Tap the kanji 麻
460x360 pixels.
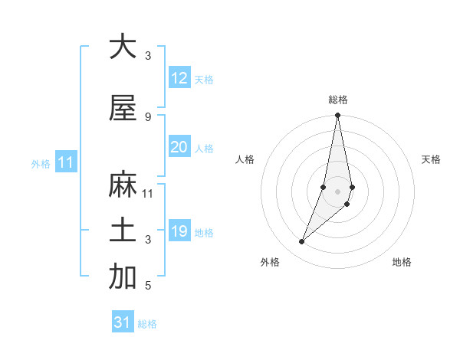[x=122, y=185]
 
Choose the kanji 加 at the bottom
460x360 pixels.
[x=122, y=277]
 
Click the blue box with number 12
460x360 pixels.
[x=179, y=78]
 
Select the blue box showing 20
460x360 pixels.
[x=179, y=147]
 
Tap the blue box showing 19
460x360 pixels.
[x=179, y=231]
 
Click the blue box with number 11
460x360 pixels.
[x=65, y=162]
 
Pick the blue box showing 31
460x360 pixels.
[x=123, y=322]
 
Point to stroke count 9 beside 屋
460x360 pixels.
[x=148, y=116]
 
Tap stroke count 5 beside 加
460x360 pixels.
[x=148, y=285]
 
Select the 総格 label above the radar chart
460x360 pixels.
[x=338, y=100]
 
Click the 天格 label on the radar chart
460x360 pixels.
[x=432, y=159]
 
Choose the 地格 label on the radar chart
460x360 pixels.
[x=402, y=262]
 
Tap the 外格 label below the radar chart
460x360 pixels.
[x=270, y=262]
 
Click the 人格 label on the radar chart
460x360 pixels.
[x=245, y=159]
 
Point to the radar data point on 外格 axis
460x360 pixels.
[x=302, y=242]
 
